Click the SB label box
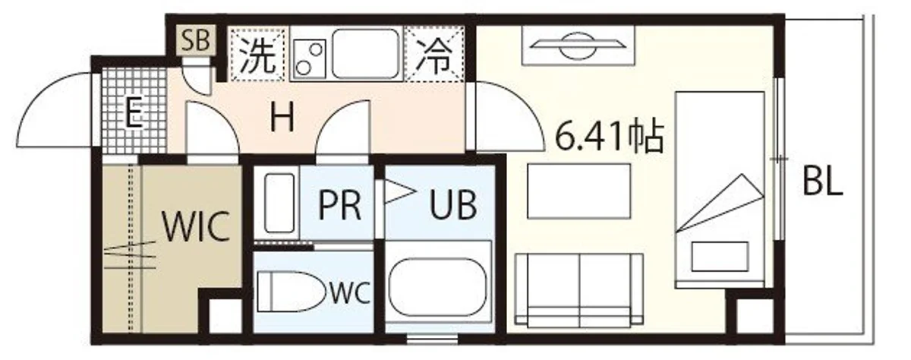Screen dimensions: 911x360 196,39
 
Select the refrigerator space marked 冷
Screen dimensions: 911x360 434,55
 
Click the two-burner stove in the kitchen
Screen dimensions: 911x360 310,58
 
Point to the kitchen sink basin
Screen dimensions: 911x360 364,53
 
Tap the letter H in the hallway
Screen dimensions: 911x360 282,117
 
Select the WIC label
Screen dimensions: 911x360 196,226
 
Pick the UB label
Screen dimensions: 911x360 453,205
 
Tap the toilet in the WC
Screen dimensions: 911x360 292,292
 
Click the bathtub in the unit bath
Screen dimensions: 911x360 437,287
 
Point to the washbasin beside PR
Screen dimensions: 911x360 279,203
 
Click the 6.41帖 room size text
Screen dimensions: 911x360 609,136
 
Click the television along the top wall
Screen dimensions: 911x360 578,45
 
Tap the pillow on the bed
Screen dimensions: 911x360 720,256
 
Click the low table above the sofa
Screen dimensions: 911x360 579,191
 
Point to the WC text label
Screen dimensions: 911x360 350,293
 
